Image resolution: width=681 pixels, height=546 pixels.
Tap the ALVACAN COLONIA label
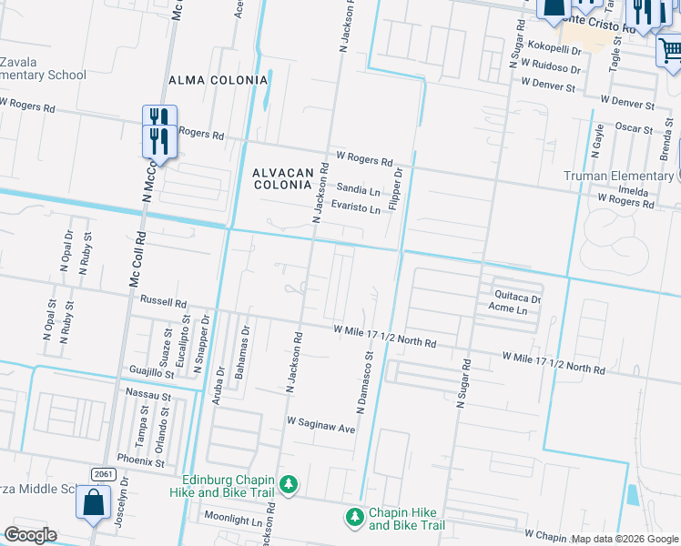pyautogui.click(x=282, y=177)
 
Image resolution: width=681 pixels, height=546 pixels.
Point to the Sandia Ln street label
pyautogui.click(x=358, y=190)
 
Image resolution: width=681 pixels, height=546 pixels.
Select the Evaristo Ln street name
pyautogui.click(x=355, y=208)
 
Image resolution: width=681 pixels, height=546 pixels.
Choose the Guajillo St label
pyautogui.click(x=151, y=373)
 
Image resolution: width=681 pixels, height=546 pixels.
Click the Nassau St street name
pyautogui.click(x=149, y=397)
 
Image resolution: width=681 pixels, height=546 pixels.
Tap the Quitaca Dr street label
pyautogui.click(x=517, y=297)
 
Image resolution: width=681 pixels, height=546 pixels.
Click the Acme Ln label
pyautogui.click(x=507, y=309)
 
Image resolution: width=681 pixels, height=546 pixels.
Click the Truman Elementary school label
pyautogui.click(x=617, y=176)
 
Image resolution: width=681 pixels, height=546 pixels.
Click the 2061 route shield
pyautogui.click(x=101, y=474)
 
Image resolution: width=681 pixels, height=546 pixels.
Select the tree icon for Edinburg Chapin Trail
pyautogui.click(x=289, y=483)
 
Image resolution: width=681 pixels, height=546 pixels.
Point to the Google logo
pyautogui.click(x=30, y=535)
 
